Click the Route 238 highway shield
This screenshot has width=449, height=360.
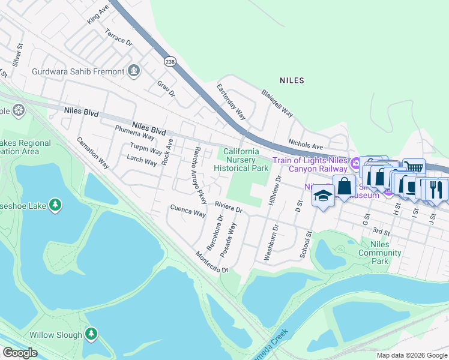[x=170, y=61]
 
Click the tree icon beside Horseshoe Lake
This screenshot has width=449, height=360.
[x=55, y=205]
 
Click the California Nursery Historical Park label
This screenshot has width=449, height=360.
[x=241, y=160]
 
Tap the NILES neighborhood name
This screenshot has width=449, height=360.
[x=292, y=80]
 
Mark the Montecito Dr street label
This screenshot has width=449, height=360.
[x=212, y=262]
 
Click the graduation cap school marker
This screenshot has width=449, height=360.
[x=323, y=197]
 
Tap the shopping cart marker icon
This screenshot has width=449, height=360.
[x=414, y=167]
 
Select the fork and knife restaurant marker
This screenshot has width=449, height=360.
[x=436, y=189]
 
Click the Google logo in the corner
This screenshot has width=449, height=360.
[x=20, y=353]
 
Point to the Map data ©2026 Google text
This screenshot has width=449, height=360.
[x=411, y=355]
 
